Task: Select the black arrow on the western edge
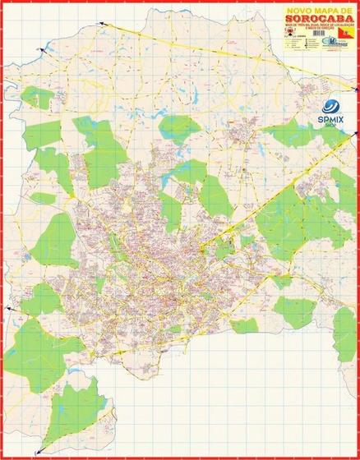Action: click(x=9, y=306)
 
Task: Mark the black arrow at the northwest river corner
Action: click(x=39, y=52)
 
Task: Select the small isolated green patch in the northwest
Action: click(x=38, y=96)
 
